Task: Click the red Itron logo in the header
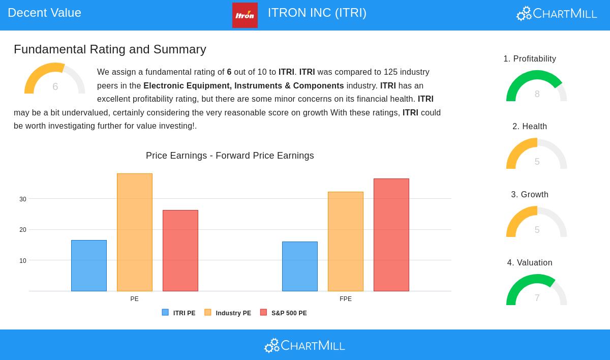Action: pyautogui.click(x=245, y=15)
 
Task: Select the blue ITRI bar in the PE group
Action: pyautogui.click(x=89, y=265)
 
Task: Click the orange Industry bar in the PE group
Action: pyautogui.click(x=135, y=232)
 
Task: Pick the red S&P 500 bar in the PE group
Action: pyautogui.click(x=180, y=251)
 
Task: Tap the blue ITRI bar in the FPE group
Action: pyautogui.click(x=300, y=266)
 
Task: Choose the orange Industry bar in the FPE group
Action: pyautogui.click(x=346, y=242)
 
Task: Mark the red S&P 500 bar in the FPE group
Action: pyautogui.click(x=391, y=235)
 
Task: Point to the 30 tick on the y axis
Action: pyautogui.click(x=23, y=199)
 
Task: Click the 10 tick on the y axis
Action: pyautogui.click(x=23, y=261)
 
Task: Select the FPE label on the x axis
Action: pyautogui.click(x=346, y=299)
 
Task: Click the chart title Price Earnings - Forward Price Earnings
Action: pyautogui.click(x=230, y=156)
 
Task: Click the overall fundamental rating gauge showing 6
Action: pyautogui.click(x=54, y=79)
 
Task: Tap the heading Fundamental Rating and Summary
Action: pyautogui.click(x=110, y=49)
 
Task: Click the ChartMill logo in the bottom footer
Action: pyautogui.click(x=304, y=346)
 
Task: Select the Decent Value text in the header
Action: pyautogui.click(x=45, y=13)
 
